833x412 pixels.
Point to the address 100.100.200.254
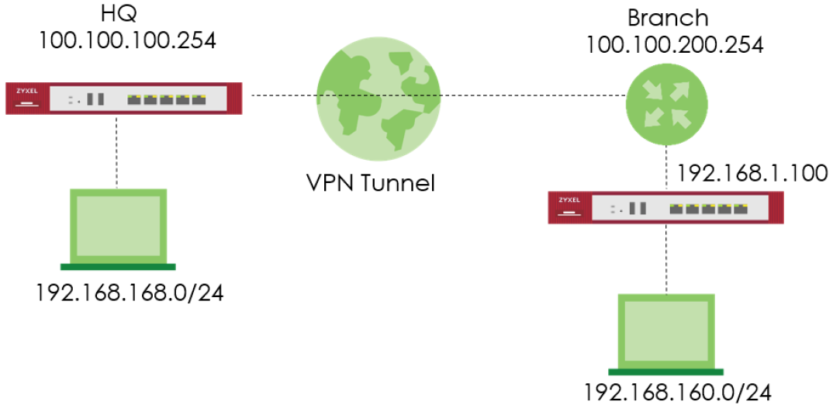click(x=675, y=43)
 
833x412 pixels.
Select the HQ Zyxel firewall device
click(x=123, y=98)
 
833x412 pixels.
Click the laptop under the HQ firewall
click(x=119, y=227)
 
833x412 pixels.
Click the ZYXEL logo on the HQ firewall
click(x=26, y=92)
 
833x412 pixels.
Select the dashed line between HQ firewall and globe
click(x=279, y=96)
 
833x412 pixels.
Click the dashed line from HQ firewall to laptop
click(x=117, y=151)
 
